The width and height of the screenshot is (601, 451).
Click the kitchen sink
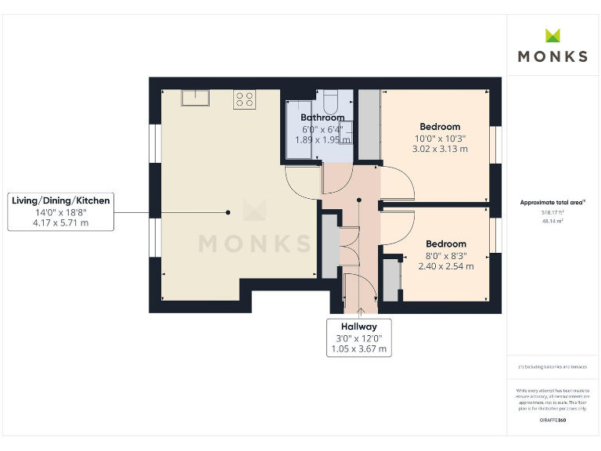[193, 97]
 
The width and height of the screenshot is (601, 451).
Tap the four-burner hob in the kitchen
[243, 99]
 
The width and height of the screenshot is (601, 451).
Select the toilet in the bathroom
[329, 103]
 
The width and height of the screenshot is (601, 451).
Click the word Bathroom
[322, 118]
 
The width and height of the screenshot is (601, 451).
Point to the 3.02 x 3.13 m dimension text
[439, 149]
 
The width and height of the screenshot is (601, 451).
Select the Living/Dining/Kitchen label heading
[61, 200]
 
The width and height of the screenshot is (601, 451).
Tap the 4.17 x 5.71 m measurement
[61, 222]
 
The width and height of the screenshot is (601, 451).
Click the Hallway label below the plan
[358, 327]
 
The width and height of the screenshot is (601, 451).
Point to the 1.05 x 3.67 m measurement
[358, 349]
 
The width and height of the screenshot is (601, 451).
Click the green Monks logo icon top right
[553, 35]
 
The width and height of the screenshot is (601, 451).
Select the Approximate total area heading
[552, 203]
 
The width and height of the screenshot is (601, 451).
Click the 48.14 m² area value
[552, 221]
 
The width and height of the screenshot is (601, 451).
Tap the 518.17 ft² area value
[552, 212]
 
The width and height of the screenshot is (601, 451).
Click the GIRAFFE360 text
[552, 420]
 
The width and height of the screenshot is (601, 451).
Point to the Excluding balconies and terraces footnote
[552, 367]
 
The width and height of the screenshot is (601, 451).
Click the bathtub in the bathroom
[298, 129]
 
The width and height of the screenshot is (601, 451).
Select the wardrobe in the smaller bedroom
[390, 280]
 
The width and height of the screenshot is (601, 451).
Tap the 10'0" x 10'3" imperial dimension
[439, 139]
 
